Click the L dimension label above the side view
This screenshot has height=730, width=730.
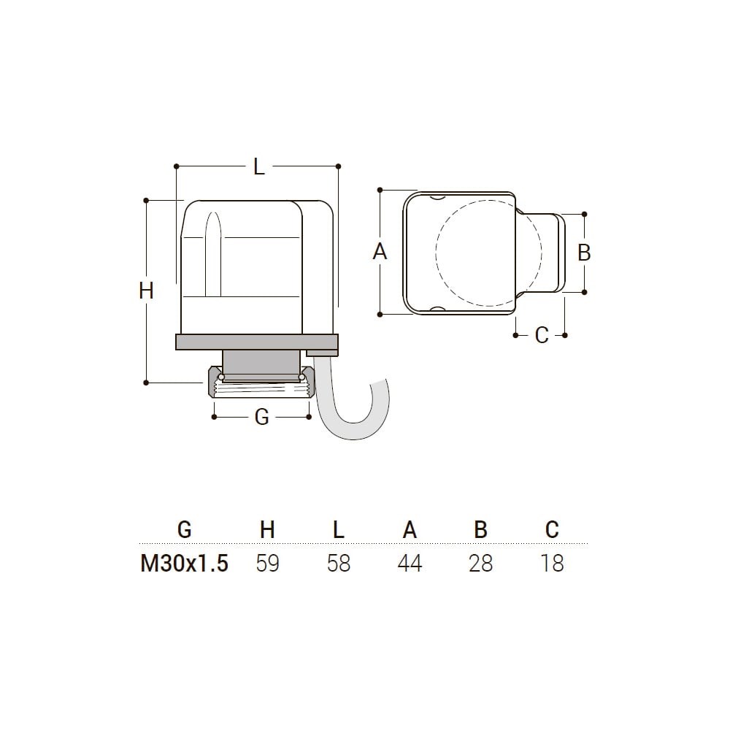coord(259,166)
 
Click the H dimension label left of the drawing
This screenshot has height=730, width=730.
coord(146,291)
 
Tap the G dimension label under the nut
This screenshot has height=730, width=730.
coord(261,417)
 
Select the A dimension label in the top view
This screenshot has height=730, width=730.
coord(380,252)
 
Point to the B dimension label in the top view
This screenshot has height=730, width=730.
coord(584,253)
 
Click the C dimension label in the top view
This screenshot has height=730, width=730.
coord(542,335)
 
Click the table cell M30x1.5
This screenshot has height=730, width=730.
coord(185,564)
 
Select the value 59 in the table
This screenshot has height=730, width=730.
coord(267,564)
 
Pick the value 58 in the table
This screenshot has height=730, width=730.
coord(339,564)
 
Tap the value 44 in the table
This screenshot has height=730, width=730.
coord(410,564)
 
